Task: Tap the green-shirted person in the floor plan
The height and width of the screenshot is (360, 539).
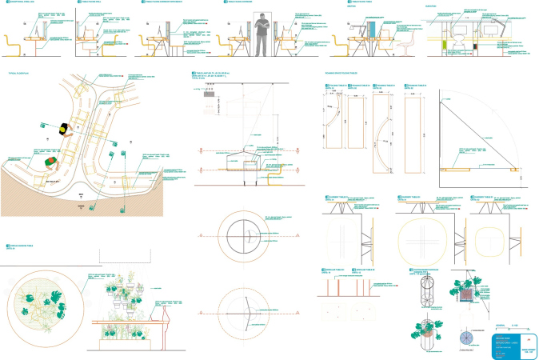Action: [52, 162]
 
